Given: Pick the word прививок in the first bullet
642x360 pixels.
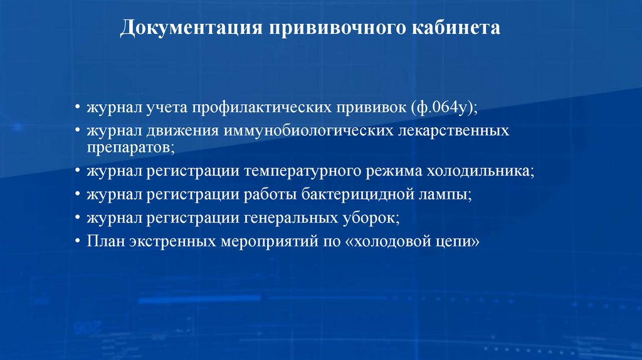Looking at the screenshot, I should click(x=371, y=109).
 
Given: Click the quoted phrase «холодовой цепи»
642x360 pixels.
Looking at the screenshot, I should click(x=412, y=241).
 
